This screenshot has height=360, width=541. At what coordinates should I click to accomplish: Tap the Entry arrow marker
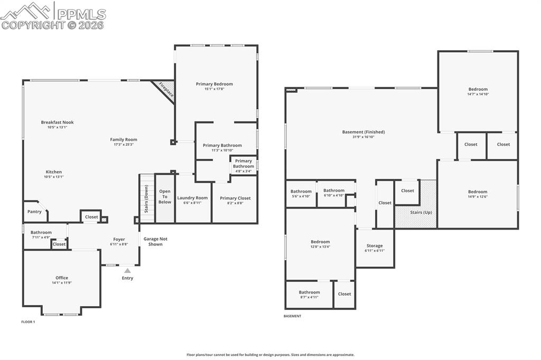pos(127,271)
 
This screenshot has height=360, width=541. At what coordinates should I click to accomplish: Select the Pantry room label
pos(34,212)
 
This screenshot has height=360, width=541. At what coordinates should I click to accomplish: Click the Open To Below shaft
pos(165,197)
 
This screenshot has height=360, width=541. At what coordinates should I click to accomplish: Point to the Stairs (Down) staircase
pos(146,198)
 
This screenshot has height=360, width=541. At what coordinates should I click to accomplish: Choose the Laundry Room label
pos(192,198)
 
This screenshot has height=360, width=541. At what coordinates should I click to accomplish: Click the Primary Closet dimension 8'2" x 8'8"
pos(235,203)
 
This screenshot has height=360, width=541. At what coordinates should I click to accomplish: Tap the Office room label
pos(62,278)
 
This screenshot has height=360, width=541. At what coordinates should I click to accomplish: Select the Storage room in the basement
pos(375,248)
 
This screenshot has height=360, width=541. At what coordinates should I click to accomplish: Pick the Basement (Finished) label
pos(363,132)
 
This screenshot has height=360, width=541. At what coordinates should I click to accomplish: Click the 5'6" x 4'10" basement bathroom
pos(301,193)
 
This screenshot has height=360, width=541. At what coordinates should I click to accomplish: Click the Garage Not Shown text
pos(155,241)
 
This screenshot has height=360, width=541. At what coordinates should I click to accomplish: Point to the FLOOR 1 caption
pos(28,321)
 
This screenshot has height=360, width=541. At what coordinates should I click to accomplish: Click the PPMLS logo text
pos(80,14)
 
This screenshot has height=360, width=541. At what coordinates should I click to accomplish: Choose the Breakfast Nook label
pos(58,122)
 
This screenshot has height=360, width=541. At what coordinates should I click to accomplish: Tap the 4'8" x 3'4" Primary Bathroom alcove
pos(244,166)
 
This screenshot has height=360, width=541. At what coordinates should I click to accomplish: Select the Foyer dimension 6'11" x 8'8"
pos(119,244)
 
